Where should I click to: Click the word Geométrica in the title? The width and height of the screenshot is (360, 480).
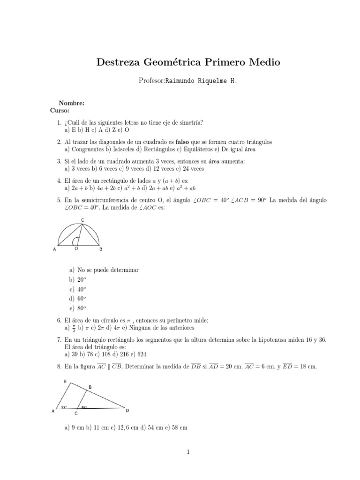(x=177, y=62)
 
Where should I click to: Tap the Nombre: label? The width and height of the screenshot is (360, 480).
(x=71, y=103)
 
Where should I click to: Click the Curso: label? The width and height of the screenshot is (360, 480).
(x=60, y=111)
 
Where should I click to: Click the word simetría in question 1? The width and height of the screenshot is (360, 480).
(x=189, y=122)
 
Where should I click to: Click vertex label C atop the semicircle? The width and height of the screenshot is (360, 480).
(x=82, y=219)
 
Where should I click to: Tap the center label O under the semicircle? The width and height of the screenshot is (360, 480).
(x=76, y=249)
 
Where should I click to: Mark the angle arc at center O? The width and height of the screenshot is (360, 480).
(x=75, y=241)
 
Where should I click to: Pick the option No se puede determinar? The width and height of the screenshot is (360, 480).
(x=107, y=270)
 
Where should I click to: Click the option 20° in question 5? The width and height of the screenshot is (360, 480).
(x=81, y=279)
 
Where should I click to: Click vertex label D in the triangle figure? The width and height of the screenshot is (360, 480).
(x=127, y=411)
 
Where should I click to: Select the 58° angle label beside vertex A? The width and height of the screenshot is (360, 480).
(x=64, y=406)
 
